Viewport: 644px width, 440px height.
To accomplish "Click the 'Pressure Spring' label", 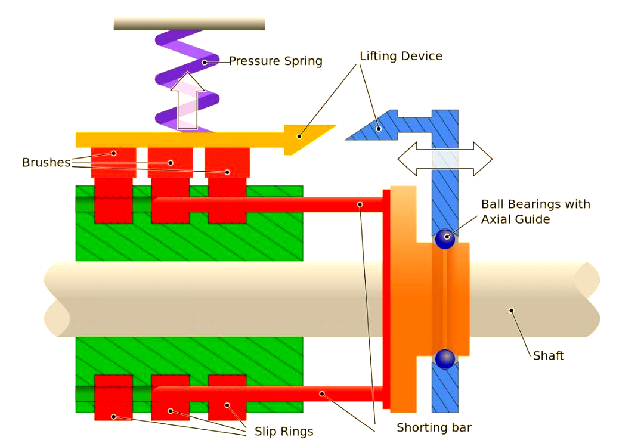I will (x=275, y=61).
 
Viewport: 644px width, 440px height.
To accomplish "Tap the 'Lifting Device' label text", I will (x=401, y=56).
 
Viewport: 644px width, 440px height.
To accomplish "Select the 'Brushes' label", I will (x=46, y=162).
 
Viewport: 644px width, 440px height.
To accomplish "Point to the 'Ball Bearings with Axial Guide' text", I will (x=535, y=212).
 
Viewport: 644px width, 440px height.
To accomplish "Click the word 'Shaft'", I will (x=548, y=355).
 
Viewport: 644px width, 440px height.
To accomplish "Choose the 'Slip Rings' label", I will (x=284, y=431).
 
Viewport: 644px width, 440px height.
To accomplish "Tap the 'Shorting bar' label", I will (x=434, y=427).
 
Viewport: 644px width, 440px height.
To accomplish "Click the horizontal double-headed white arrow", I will (x=445, y=159).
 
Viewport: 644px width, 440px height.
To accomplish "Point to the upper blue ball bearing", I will (x=445, y=238).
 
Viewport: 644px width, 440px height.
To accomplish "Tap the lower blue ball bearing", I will (x=445, y=359).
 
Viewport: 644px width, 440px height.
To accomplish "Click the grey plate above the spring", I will (x=189, y=24).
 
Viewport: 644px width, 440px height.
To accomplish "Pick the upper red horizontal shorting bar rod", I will (x=268, y=204).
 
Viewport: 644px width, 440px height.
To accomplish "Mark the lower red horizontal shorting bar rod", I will (x=268, y=394).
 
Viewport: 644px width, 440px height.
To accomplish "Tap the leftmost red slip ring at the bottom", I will (x=113, y=397).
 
